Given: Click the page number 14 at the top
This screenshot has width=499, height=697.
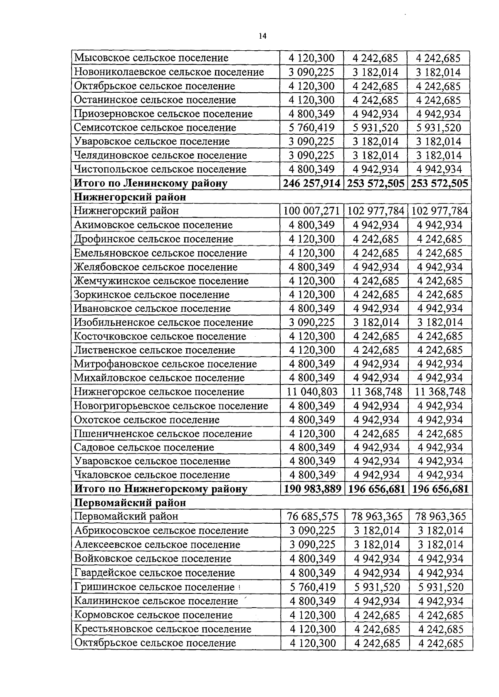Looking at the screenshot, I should [262, 36].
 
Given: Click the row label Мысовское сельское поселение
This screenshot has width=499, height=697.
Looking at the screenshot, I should [151, 58].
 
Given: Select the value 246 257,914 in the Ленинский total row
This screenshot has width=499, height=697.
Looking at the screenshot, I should [312, 183].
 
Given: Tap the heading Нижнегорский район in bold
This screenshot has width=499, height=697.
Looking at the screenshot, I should [130, 197].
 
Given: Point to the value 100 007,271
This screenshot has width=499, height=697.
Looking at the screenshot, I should [312, 211].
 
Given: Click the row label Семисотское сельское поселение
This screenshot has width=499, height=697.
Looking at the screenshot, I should [155, 128].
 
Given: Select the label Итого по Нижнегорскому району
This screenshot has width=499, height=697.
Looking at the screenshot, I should [161, 489].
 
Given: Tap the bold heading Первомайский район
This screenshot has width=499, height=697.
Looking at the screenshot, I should [130, 503].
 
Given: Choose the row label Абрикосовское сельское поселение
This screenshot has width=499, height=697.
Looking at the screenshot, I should [161, 531].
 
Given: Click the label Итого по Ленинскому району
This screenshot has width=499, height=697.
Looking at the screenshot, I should [151, 183].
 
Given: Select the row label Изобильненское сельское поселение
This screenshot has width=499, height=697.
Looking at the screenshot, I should [163, 323].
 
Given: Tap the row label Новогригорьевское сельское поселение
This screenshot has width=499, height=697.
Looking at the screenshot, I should [171, 406].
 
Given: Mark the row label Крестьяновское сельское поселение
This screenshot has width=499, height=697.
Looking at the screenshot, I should [163, 629].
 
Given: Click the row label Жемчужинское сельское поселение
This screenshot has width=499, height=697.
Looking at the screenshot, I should [161, 281].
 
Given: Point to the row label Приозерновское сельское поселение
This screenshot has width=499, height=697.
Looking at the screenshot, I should [163, 114].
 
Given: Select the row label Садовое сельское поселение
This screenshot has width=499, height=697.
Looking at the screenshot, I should [144, 448].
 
